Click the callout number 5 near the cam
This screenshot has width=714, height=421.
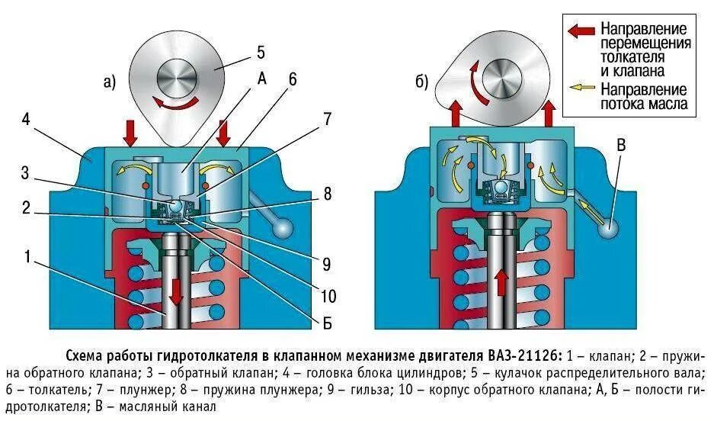point(260,53)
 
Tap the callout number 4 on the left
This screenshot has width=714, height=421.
point(26,120)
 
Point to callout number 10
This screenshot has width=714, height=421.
point(328,296)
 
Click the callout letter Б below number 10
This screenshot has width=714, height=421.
point(327,323)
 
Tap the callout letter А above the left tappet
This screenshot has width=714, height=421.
point(261,78)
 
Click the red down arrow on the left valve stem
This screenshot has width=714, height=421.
point(175,290)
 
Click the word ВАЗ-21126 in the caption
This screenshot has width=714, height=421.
point(522,356)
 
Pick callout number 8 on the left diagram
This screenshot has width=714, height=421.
point(327,194)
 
